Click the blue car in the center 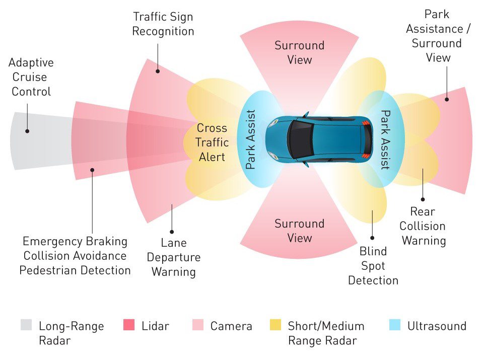pyautogui.click(x=319, y=139)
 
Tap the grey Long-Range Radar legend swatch pyautogui.click(x=26, y=325)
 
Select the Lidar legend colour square pyautogui.click(x=129, y=325)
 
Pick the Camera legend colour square pyautogui.click(x=198, y=325)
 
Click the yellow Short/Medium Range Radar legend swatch pyautogui.click(x=276, y=325)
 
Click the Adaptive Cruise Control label pyautogui.click(x=32, y=78)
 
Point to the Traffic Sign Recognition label pyautogui.click(x=163, y=24)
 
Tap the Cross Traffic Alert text pyautogui.click(x=212, y=142)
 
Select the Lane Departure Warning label pyautogui.click(x=173, y=257)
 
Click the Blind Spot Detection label pyautogui.click(x=373, y=266)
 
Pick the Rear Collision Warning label pyautogui.click(x=423, y=226)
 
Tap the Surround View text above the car pyautogui.click(x=300, y=52)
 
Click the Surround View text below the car pyautogui.click(x=300, y=231)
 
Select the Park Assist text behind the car pyautogui.click(x=385, y=140)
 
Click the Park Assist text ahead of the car pyautogui.click(x=251, y=139)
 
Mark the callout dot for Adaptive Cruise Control pyautogui.click(x=27, y=131)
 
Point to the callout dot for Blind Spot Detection pyautogui.click(x=373, y=238)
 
